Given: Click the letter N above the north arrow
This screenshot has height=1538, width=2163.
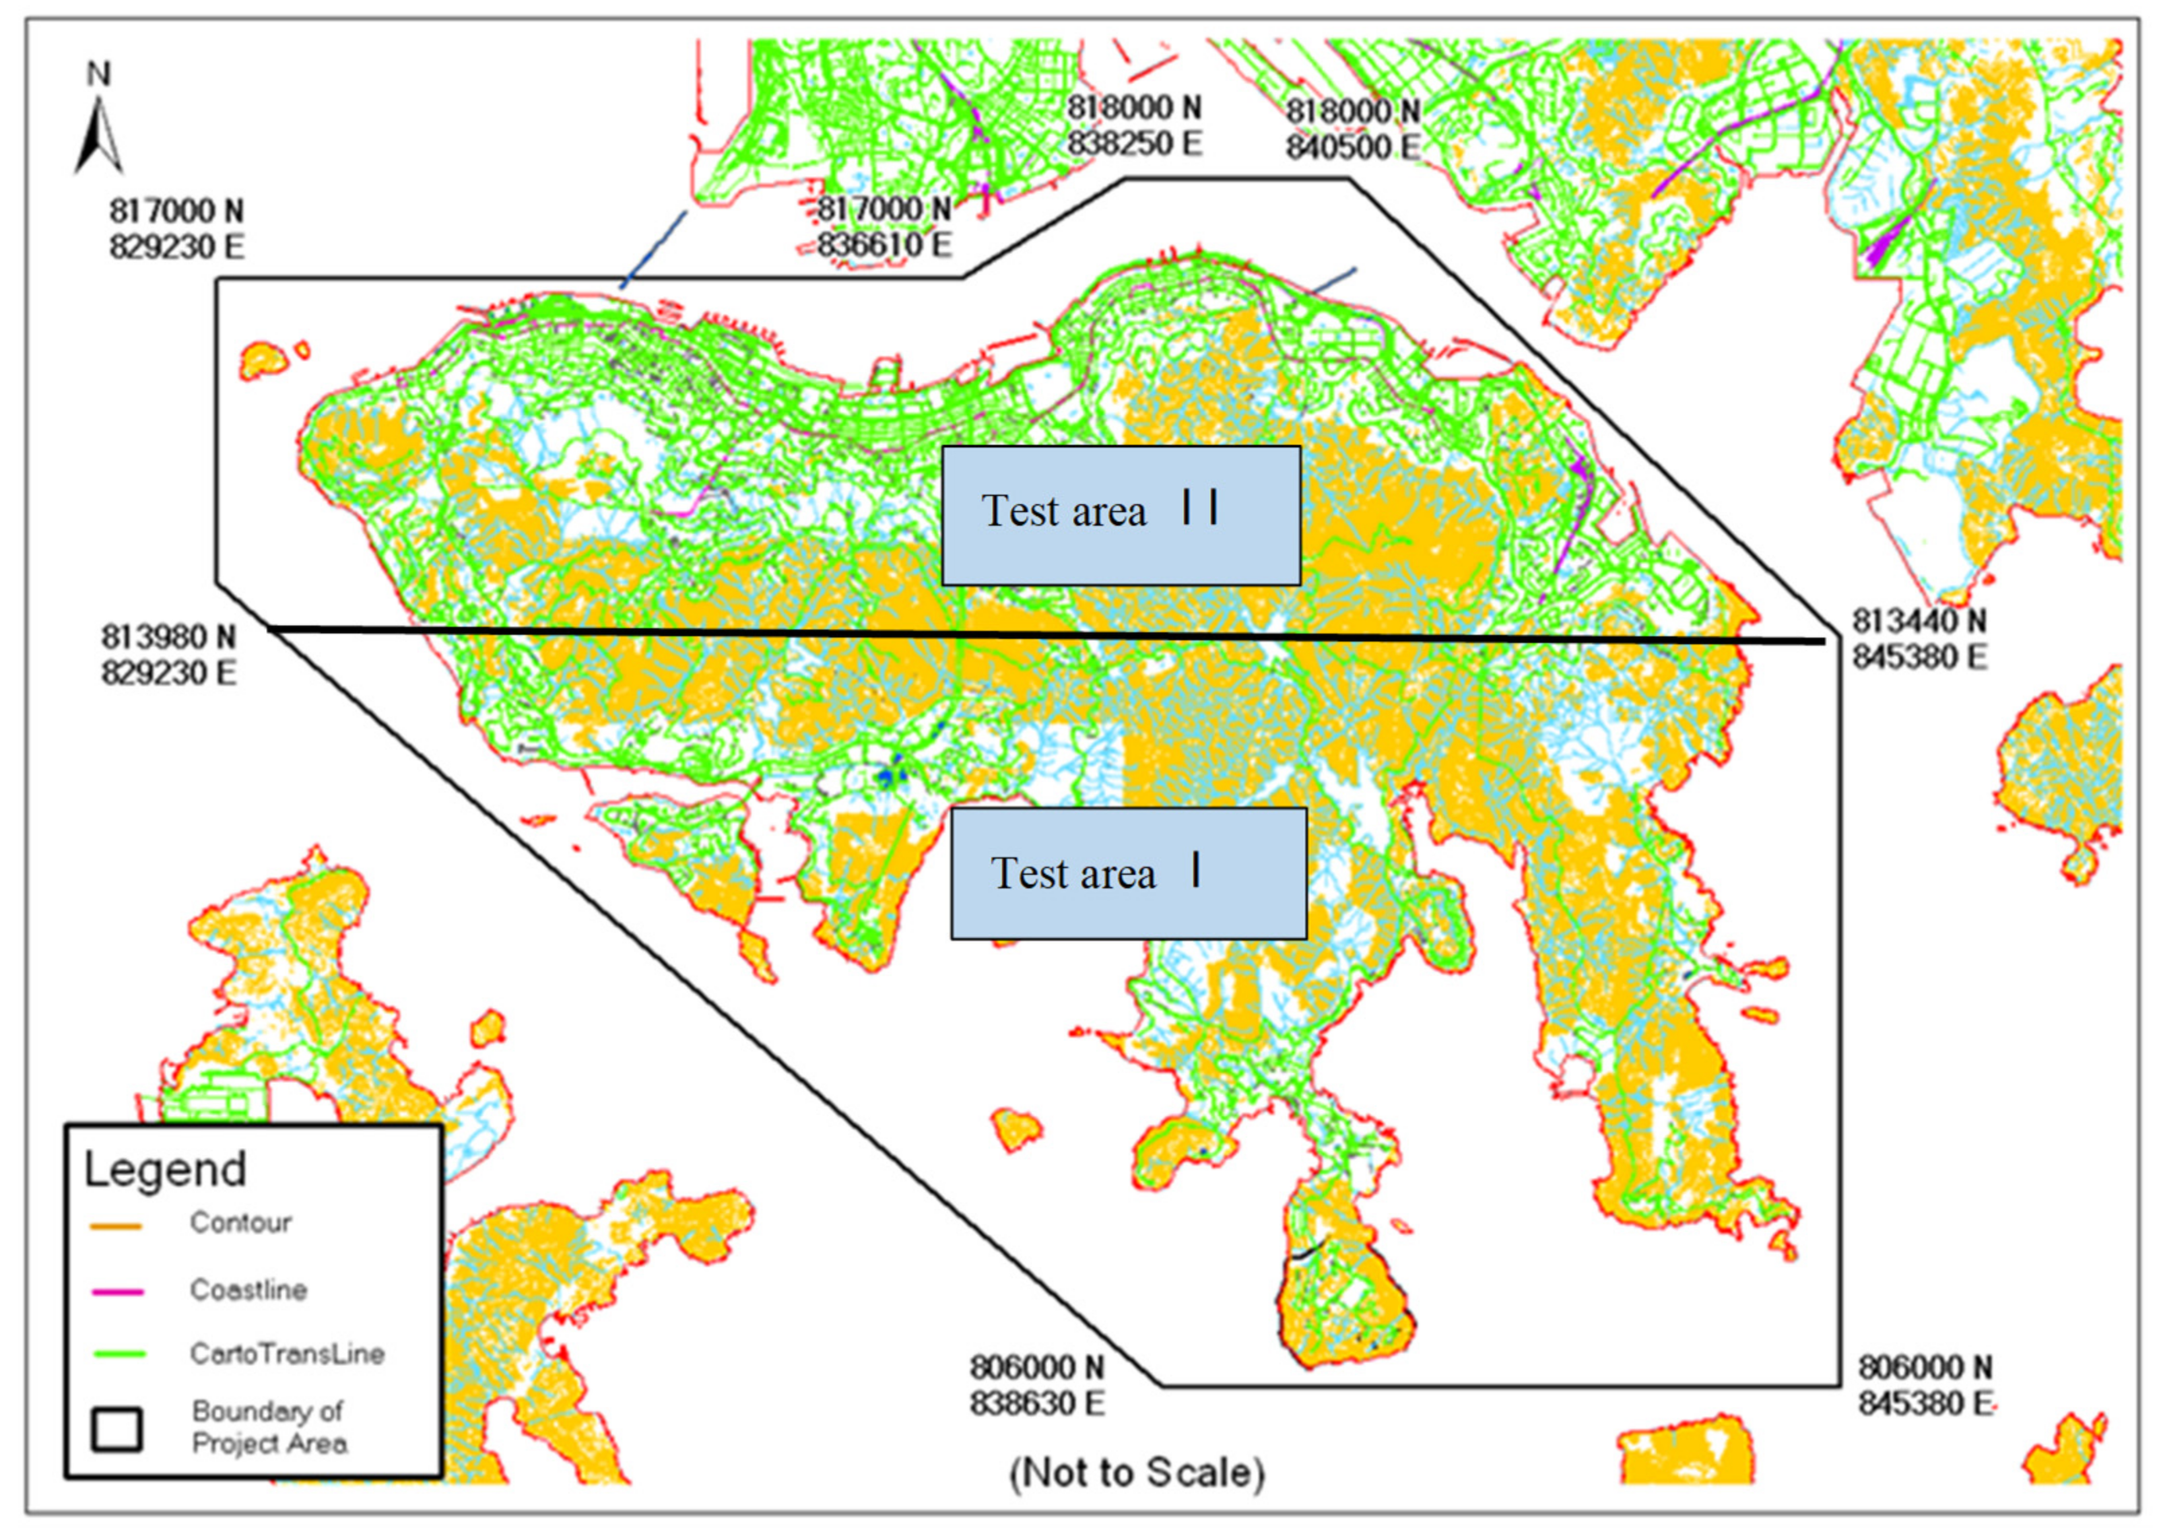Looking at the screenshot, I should pos(98,74).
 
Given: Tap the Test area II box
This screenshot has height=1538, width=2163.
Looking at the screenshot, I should pos(1121,515).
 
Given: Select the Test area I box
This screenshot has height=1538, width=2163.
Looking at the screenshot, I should pos(1128,873).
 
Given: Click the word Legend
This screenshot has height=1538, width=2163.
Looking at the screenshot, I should pos(165,1170).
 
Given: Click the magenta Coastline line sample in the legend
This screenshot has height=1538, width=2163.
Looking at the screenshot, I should pos(117,1292).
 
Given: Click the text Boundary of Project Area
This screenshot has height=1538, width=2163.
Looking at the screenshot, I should pos(269,1427).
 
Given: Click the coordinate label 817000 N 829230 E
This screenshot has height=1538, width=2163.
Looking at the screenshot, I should pos(176,229).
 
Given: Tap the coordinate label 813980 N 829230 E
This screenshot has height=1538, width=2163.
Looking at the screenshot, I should pos(168,655).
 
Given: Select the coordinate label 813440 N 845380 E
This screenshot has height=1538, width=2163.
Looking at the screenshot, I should pos(1919,639).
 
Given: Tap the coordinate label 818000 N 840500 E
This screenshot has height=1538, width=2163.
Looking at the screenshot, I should pos(1352,129).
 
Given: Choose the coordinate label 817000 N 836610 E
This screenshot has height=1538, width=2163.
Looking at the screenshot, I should pos(884,226).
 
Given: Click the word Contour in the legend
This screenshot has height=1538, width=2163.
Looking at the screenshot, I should pos(240,1223).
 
